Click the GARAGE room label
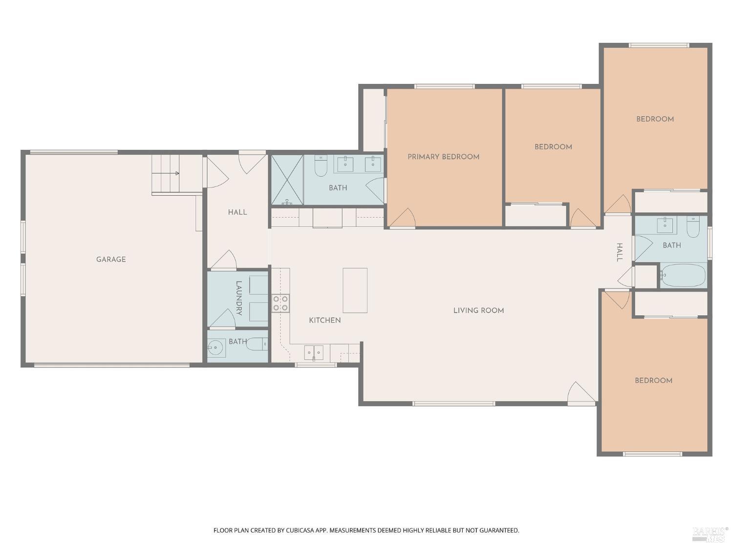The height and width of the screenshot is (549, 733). pyautogui.click(x=111, y=259)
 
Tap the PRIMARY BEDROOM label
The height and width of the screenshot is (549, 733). pyautogui.click(x=443, y=157)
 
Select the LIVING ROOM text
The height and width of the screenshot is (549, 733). pyautogui.click(x=478, y=310)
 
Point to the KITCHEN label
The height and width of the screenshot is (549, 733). pyautogui.click(x=324, y=320)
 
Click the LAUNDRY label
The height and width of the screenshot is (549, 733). pyautogui.click(x=239, y=298)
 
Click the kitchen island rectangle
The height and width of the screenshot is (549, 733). pyautogui.click(x=355, y=290)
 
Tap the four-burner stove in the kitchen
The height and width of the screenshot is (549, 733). pyautogui.click(x=280, y=304)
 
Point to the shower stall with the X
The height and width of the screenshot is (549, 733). pyautogui.click(x=287, y=180)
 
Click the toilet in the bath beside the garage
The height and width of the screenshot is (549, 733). pyautogui.click(x=258, y=344)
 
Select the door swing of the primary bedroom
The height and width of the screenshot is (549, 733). pyautogui.click(x=402, y=218)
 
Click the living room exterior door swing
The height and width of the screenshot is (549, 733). pyautogui.click(x=582, y=393)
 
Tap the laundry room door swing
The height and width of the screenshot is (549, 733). pyautogui.click(x=222, y=319)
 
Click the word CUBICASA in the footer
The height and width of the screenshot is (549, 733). pyautogui.click(x=299, y=530)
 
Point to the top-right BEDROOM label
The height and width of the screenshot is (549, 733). pyautogui.click(x=654, y=119)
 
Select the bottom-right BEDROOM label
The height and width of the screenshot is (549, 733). pyautogui.click(x=653, y=380)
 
